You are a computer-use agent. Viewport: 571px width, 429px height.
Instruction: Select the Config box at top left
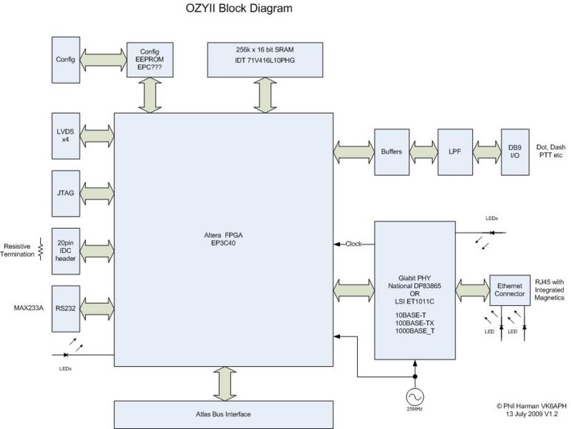click(66, 59)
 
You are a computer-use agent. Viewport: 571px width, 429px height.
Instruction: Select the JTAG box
click(66, 192)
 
